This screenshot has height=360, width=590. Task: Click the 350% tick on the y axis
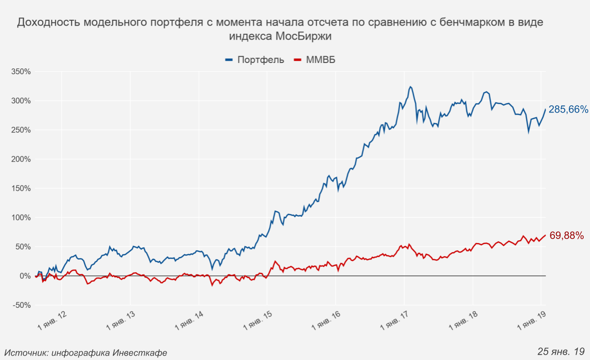[21, 72]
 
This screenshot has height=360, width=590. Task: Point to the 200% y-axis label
[21, 159]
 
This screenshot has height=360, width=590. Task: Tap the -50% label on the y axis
[22, 305]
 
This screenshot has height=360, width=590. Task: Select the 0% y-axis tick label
[24, 276]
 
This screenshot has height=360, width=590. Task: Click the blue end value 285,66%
[568, 109]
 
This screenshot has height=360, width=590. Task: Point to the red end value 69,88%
[567, 235]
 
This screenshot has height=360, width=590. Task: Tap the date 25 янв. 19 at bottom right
[561, 351]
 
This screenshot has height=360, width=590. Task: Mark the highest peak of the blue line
[410, 86]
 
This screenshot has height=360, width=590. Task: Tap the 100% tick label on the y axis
[21, 218]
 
